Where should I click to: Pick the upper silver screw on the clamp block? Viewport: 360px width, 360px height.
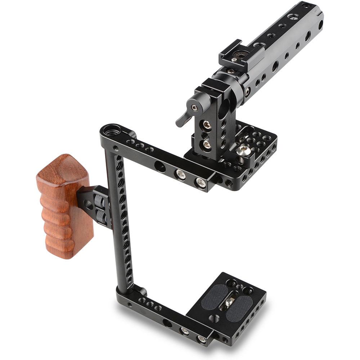click(207, 125)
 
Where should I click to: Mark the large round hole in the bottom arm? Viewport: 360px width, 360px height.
click(167, 323)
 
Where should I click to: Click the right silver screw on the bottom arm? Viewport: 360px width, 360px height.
click(201, 339)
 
